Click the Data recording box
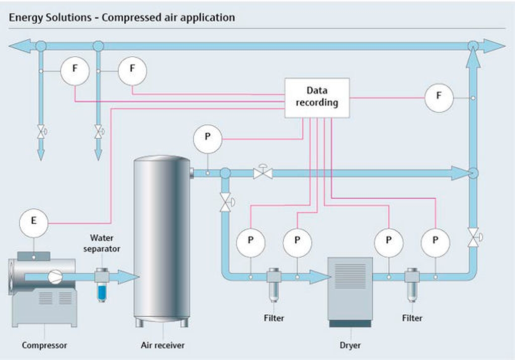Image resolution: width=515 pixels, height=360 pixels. click(317, 98)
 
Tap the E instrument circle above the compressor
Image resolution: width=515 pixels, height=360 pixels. click(34, 223)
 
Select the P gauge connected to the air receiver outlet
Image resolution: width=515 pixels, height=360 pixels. click(208, 139)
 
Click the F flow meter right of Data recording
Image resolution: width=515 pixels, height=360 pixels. click(439, 98)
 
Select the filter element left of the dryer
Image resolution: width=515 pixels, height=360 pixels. click(274, 285)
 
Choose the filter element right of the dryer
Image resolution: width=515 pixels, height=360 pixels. click(412, 285)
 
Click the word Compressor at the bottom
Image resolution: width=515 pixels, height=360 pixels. click(44, 345)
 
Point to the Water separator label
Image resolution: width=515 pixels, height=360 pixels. click(102, 243)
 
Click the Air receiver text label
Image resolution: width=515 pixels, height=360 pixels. click(162, 345)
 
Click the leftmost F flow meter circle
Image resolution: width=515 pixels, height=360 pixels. click(75, 71)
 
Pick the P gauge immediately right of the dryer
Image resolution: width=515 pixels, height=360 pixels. click(389, 243)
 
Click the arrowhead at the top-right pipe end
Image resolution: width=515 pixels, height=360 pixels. click(494, 46)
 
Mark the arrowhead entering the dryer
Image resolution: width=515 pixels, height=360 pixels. click(319, 277)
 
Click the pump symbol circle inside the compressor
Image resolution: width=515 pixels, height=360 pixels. click(55, 277)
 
